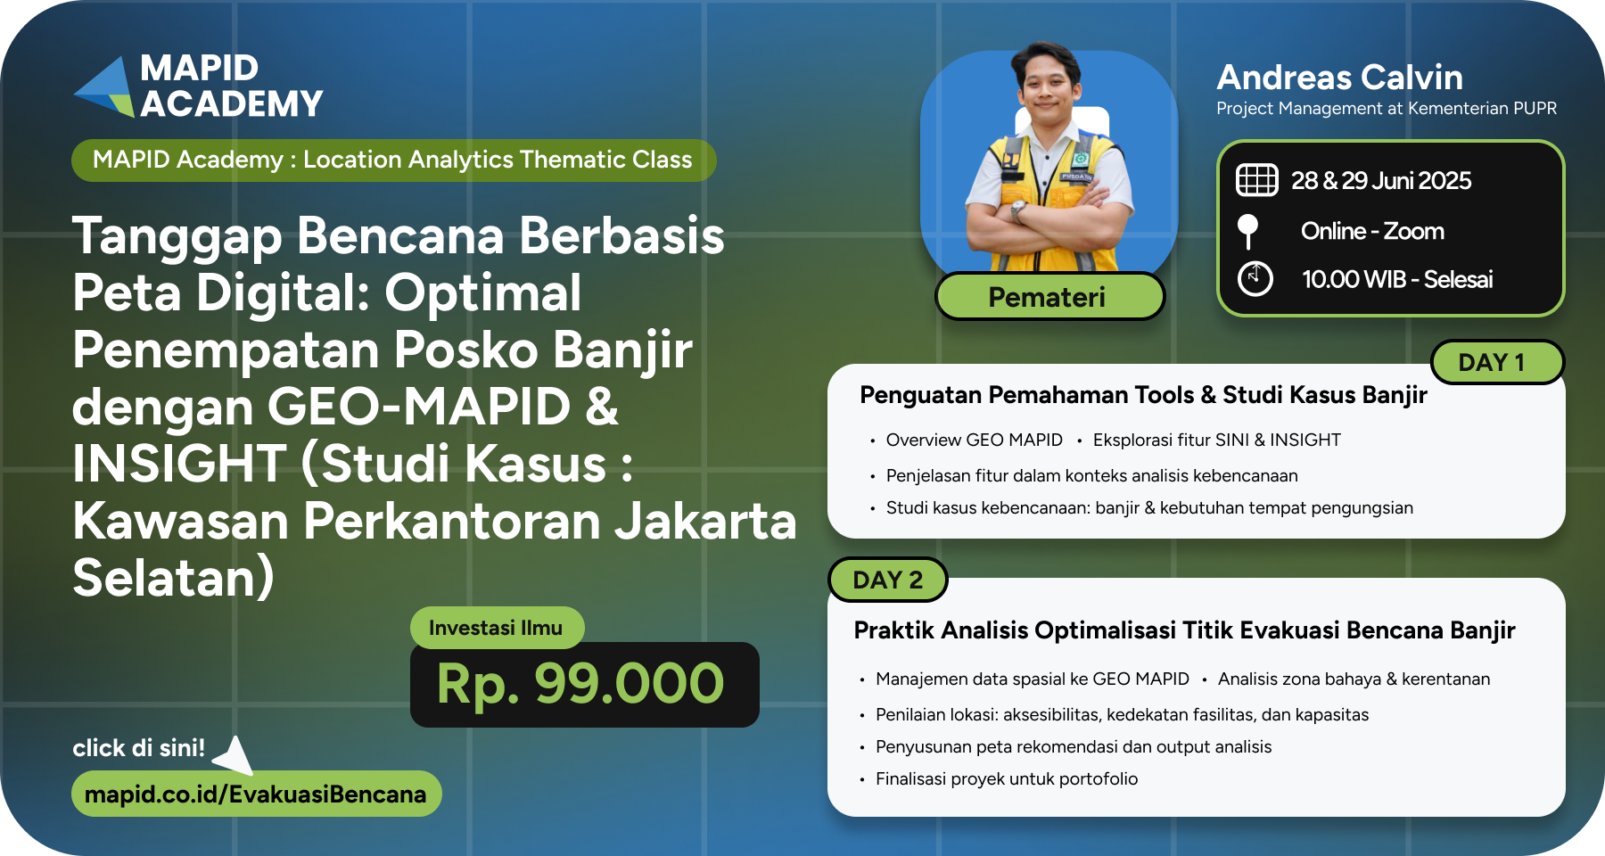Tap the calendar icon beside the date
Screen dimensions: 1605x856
click(x=1256, y=180)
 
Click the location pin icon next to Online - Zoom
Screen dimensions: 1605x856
click(x=1248, y=231)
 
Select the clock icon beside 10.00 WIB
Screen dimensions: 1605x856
click(x=1255, y=278)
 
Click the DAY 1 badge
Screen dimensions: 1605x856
click(x=1497, y=362)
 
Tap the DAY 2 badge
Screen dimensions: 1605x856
click(x=887, y=580)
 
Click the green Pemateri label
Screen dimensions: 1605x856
click(x=1049, y=296)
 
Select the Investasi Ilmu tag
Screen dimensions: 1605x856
click(x=497, y=628)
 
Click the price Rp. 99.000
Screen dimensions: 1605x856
click(x=580, y=685)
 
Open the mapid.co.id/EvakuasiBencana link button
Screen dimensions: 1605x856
click(x=256, y=794)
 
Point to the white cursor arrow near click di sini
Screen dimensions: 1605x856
click(x=234, y=754)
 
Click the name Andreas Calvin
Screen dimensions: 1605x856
click(x=1339, y=78)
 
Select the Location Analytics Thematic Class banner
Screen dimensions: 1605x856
click(x=393, y=160)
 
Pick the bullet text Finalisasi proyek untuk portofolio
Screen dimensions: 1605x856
click(x=1007, y=779)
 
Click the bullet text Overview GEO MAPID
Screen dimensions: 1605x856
click(x=975, y=440)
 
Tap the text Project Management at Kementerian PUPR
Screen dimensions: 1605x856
click(x=1387, y=109)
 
